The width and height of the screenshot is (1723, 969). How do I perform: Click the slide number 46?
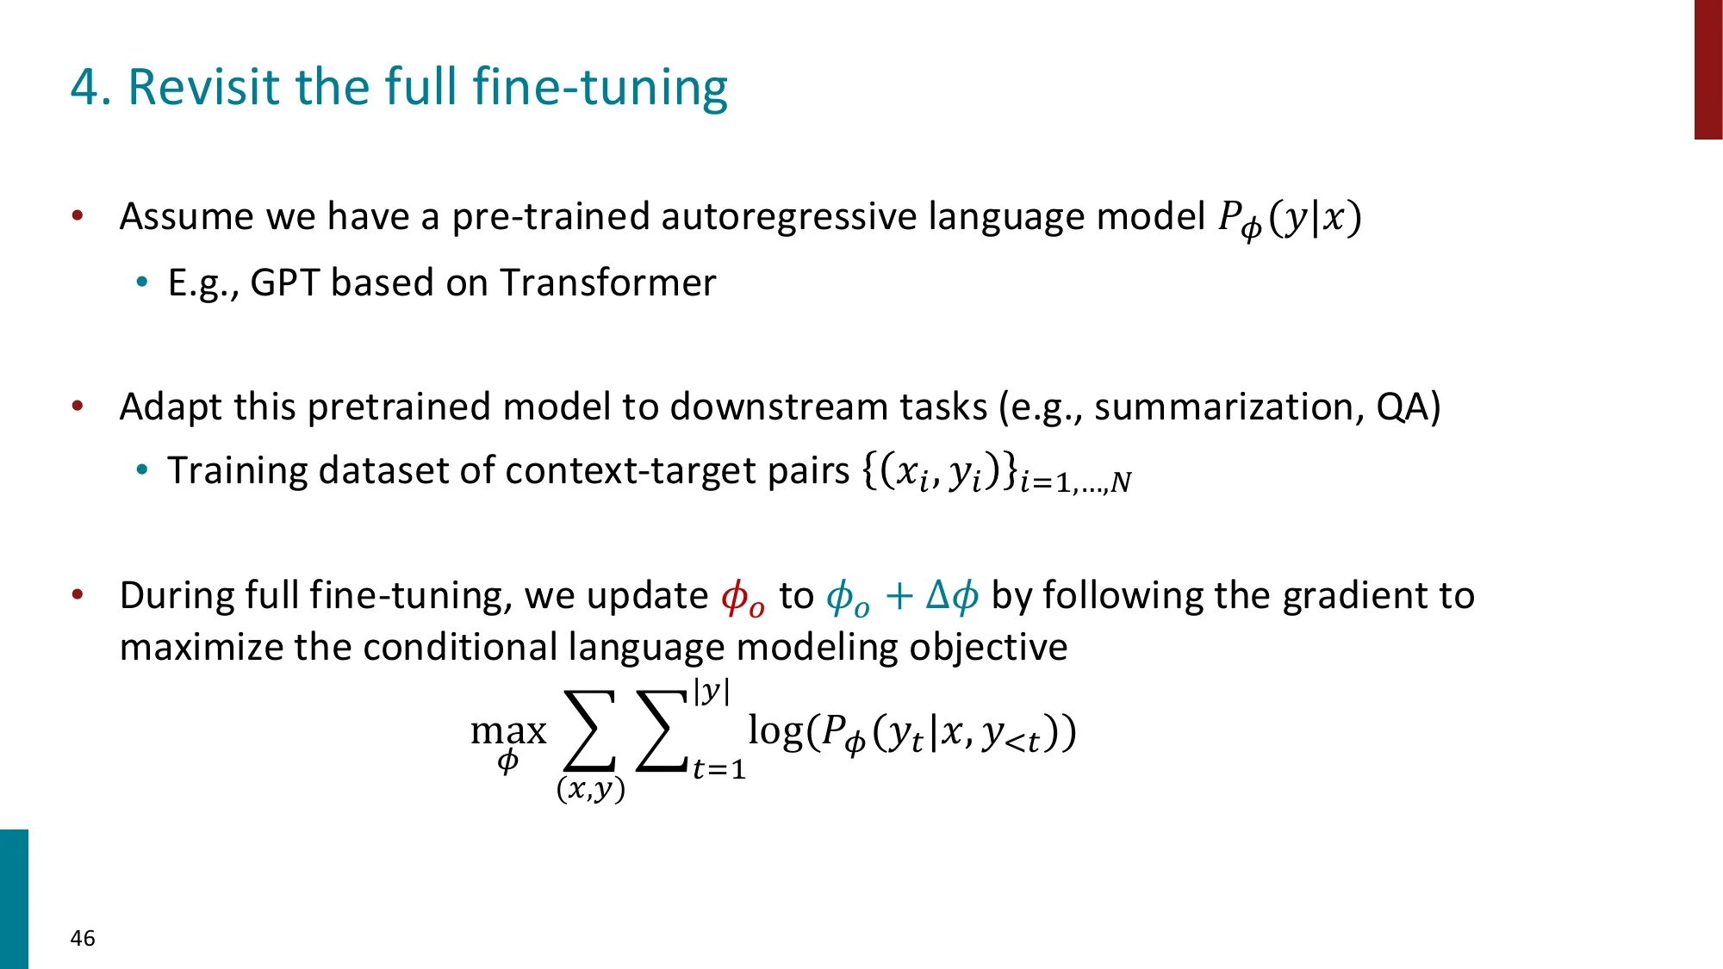pos(83,938)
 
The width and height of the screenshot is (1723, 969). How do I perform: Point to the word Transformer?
pos(607,283)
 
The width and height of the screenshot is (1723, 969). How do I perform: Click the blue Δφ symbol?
pos(952,596)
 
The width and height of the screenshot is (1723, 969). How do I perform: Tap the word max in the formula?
pos(508,732)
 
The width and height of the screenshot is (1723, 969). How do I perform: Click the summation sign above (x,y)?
pos(590,730)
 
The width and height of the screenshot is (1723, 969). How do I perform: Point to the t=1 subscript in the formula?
pos(718,768)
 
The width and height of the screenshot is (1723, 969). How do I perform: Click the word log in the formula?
pos(775,730)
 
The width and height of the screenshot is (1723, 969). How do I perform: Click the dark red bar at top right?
pos(1708,70)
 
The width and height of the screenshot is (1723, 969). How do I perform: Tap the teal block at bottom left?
pos(14,899)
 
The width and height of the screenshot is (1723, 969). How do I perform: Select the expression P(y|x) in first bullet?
pos(1290,219)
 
